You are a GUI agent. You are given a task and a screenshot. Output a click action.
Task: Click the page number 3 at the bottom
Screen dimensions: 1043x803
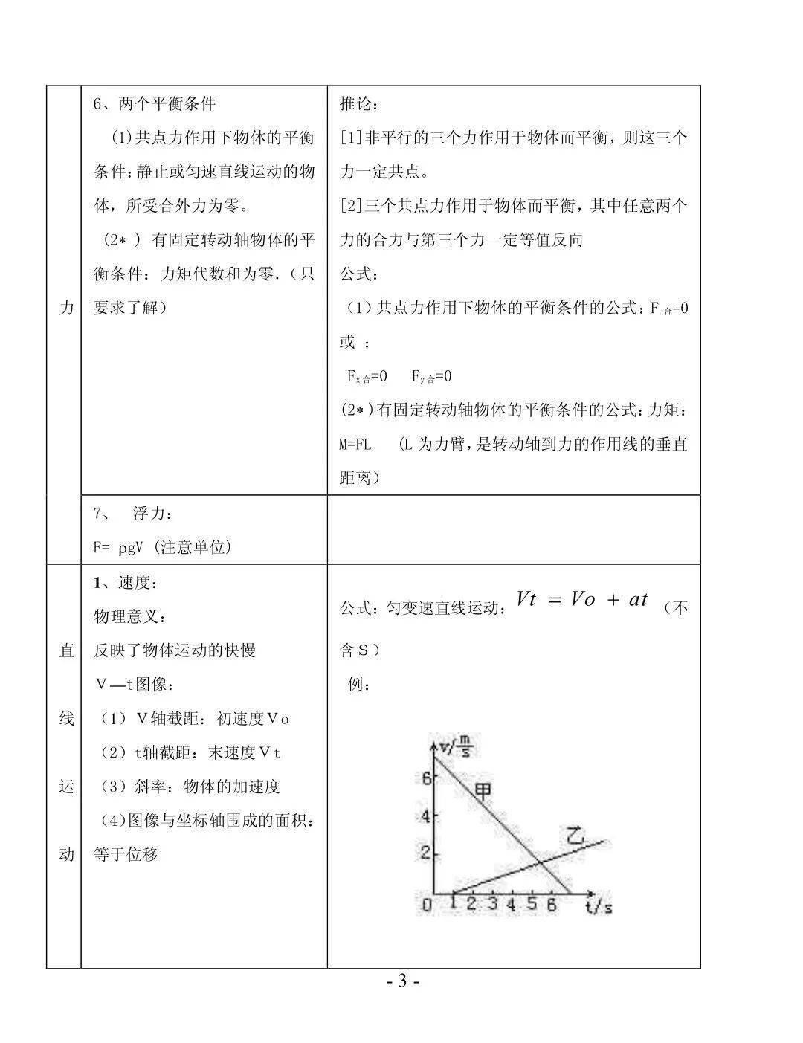click(402, 981)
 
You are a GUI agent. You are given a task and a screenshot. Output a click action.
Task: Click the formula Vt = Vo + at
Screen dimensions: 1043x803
click(582, 600)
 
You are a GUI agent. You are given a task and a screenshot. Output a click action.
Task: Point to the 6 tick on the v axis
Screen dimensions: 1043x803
click(425, 778)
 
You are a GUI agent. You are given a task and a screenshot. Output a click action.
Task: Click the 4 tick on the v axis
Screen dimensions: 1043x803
click(425, 816)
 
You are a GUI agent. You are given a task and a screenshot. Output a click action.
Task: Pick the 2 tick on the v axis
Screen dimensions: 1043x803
click(425, 852)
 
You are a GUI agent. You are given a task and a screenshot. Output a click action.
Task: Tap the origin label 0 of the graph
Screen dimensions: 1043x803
click(426, 905)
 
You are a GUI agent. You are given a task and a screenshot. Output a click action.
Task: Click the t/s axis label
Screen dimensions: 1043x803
click(599, 906)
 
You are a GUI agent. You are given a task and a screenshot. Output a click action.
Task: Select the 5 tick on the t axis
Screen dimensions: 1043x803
click(532, 904)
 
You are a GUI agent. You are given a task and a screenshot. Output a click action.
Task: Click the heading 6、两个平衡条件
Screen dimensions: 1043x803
click(155, 104)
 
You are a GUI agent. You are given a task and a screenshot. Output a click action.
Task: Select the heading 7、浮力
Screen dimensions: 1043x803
click(133, 514)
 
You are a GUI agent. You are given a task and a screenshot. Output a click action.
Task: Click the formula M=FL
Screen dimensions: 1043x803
click(355, 445)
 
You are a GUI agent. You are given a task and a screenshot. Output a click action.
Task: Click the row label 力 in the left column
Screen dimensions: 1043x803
click(66, 307)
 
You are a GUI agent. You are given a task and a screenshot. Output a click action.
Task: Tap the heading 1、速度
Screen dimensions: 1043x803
click(126, 584)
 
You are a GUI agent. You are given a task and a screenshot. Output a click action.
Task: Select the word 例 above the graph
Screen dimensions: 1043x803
click(359, 684)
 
